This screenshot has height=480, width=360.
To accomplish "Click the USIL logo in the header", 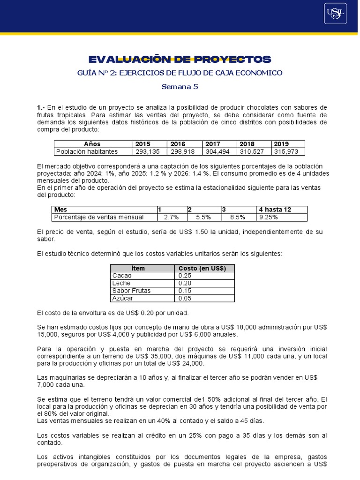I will (x=335, y=13).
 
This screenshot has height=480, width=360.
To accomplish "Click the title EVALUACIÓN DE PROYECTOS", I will (x=180, y=60).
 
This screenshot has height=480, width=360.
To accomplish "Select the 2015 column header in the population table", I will (x=143, y=144).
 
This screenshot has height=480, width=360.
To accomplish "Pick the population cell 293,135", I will (x=148, y=151).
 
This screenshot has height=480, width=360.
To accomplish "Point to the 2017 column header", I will (x=212, y=144).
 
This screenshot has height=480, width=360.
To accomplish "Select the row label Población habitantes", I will (x=87, y=151).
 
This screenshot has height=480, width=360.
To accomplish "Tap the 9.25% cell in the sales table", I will (x=269, y=217).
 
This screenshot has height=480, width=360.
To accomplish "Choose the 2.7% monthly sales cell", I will (x=172, y=217).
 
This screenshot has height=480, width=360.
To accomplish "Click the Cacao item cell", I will (x=122, y=276).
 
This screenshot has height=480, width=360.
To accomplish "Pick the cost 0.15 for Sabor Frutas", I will (x=185, y=291).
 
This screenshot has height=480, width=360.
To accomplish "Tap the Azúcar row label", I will (x=123, y=298).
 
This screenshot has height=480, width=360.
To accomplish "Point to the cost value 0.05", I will (x=185, y=298).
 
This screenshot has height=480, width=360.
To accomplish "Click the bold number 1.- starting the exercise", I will (x=41, y=108).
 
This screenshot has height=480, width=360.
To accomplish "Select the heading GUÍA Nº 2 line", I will (x=180, y=73).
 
